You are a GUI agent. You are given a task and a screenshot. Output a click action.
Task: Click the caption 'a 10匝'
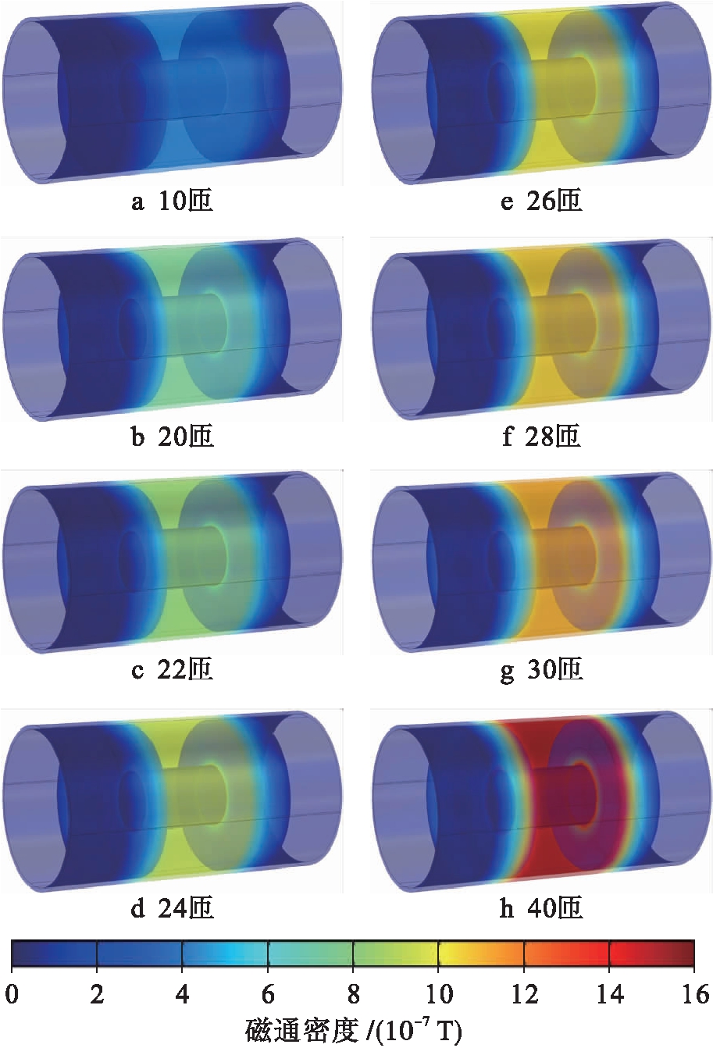point(172,201)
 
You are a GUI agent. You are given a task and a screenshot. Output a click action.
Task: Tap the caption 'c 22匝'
point(172,669)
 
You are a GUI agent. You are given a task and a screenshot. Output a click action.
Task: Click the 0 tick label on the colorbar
point(12,994)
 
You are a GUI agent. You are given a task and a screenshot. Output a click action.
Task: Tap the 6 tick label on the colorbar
point(268,994)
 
